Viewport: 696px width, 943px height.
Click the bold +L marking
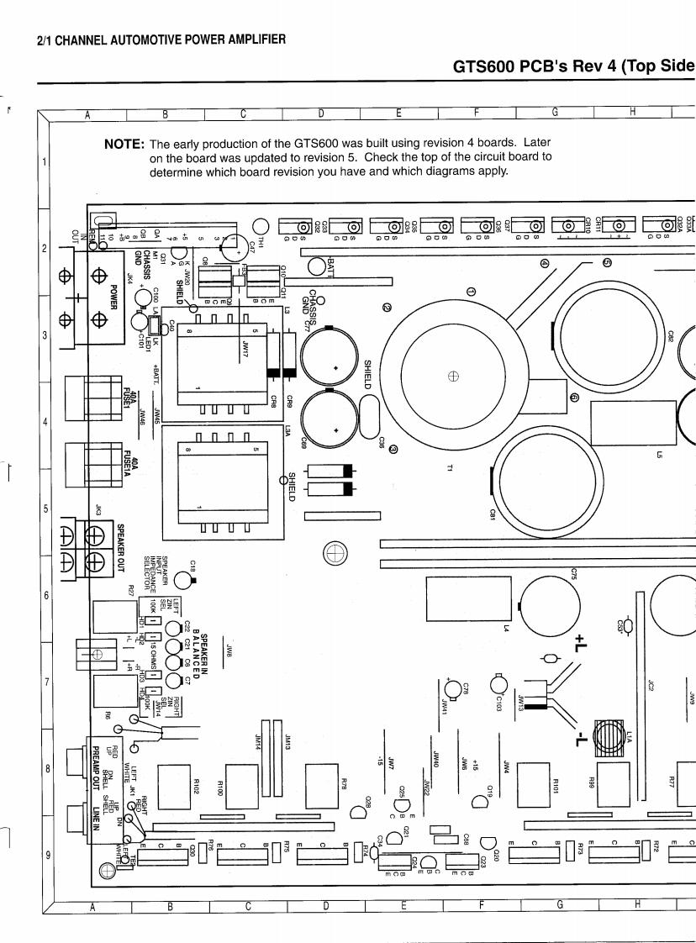tap(581, 644)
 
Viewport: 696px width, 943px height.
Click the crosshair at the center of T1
tap(453, 376)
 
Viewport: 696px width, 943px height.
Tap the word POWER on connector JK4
tap(113, 297)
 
